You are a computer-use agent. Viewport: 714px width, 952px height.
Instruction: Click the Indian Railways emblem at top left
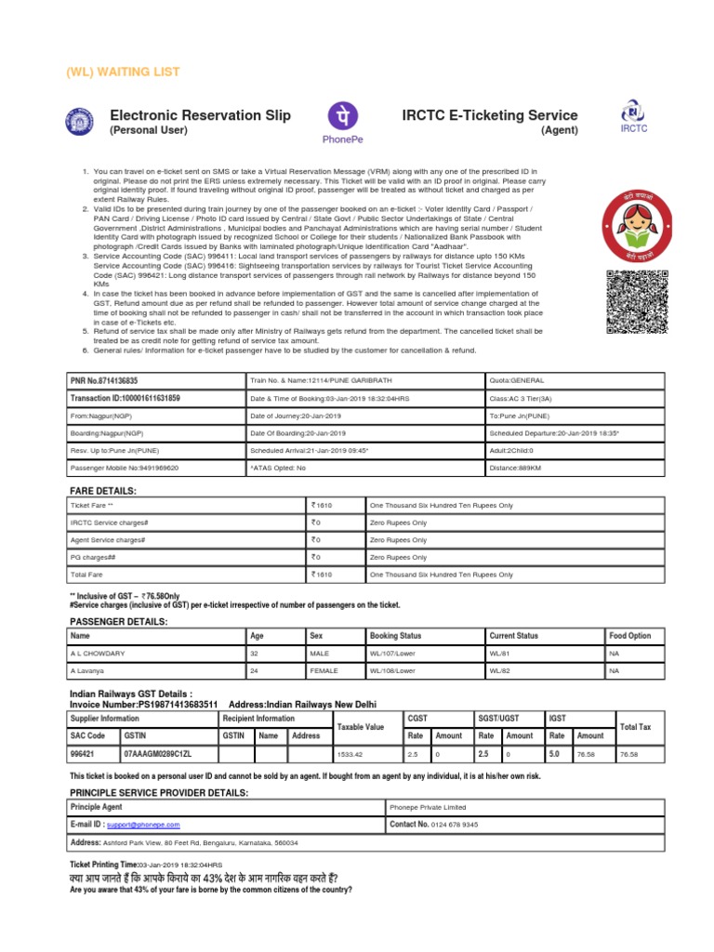[x=78, y=121]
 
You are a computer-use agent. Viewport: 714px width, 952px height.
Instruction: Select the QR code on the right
[x=637, y=301]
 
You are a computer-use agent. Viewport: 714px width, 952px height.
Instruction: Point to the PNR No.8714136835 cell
[x=104, y=381]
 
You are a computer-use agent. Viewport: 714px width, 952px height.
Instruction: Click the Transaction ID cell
[x=125, y=398]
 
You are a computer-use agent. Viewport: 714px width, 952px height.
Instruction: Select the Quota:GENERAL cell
[x=517, y=381]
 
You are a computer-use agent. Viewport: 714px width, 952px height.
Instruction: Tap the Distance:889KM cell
[x=515, y=469]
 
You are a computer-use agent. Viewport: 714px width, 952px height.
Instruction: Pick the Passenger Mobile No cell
[x=125, y=469]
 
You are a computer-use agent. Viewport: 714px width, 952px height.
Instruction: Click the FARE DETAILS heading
[x=103, y=490]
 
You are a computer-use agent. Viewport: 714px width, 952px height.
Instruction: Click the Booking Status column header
[x=395, y=636]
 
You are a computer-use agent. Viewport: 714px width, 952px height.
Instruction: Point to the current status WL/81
[x=500, y=654]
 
